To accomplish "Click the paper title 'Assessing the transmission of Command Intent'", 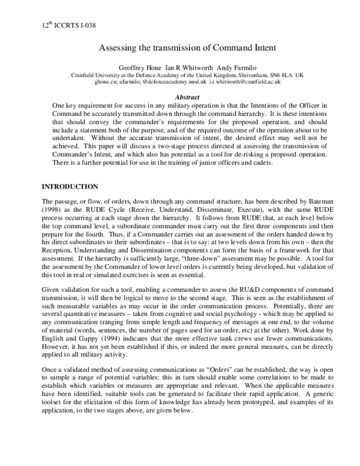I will coord(180,51).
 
